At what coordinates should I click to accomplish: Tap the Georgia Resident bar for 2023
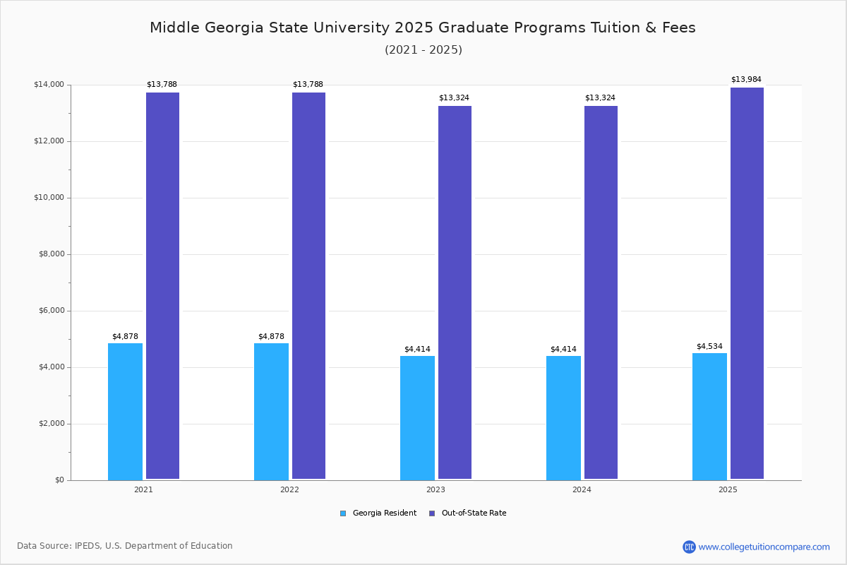[x=417, y=417]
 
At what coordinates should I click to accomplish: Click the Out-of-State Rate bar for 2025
[x=747, y=283]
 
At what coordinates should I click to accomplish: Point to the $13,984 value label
[x=746, y=80]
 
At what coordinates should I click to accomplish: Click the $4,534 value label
[x=709, y=346]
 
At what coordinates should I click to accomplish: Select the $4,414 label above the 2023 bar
[x=417, y=349]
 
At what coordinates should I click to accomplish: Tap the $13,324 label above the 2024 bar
[x=600, y=97]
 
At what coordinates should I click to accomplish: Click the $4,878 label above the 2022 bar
[x=271, y=336]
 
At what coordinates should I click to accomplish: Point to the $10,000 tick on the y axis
[x=49, y=198]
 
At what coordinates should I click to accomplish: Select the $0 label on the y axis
[x=59, y=480]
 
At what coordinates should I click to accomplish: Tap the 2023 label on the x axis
[x=435, y=489]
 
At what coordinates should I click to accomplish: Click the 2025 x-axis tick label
[x=728, y=489]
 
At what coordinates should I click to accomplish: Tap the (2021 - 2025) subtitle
[x=423, y=50]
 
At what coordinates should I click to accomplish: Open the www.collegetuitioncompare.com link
[x=764, y=547]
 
